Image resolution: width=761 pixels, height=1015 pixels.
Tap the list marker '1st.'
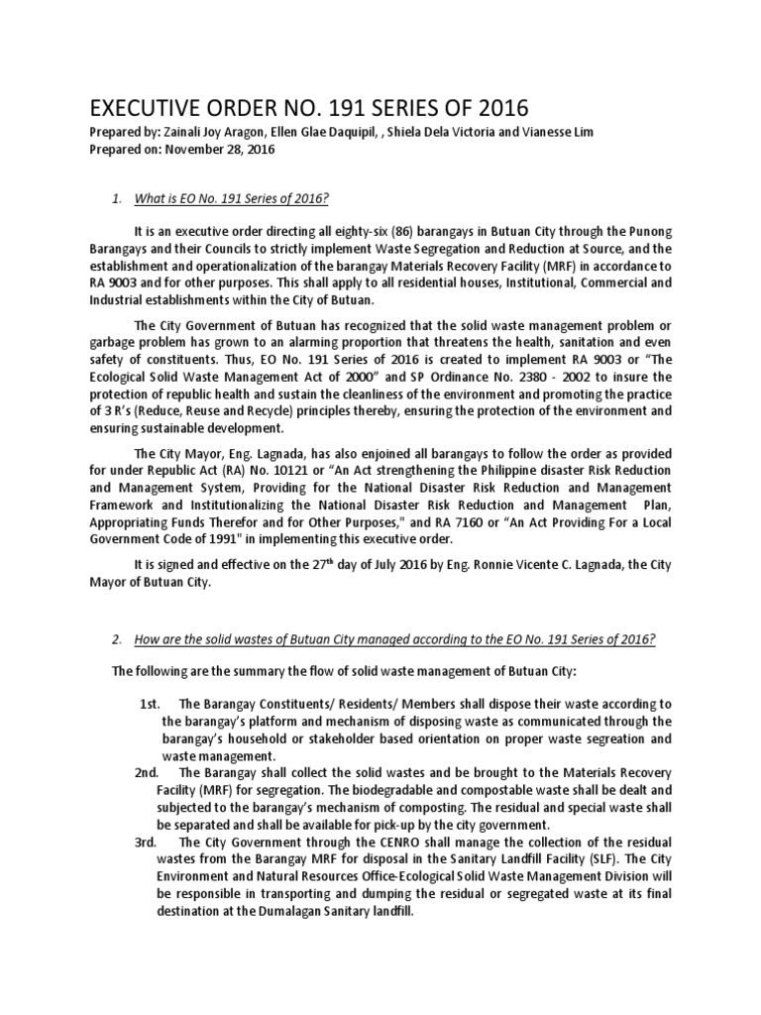pos(150,704)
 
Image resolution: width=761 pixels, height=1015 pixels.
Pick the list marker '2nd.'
pos(152,771)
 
